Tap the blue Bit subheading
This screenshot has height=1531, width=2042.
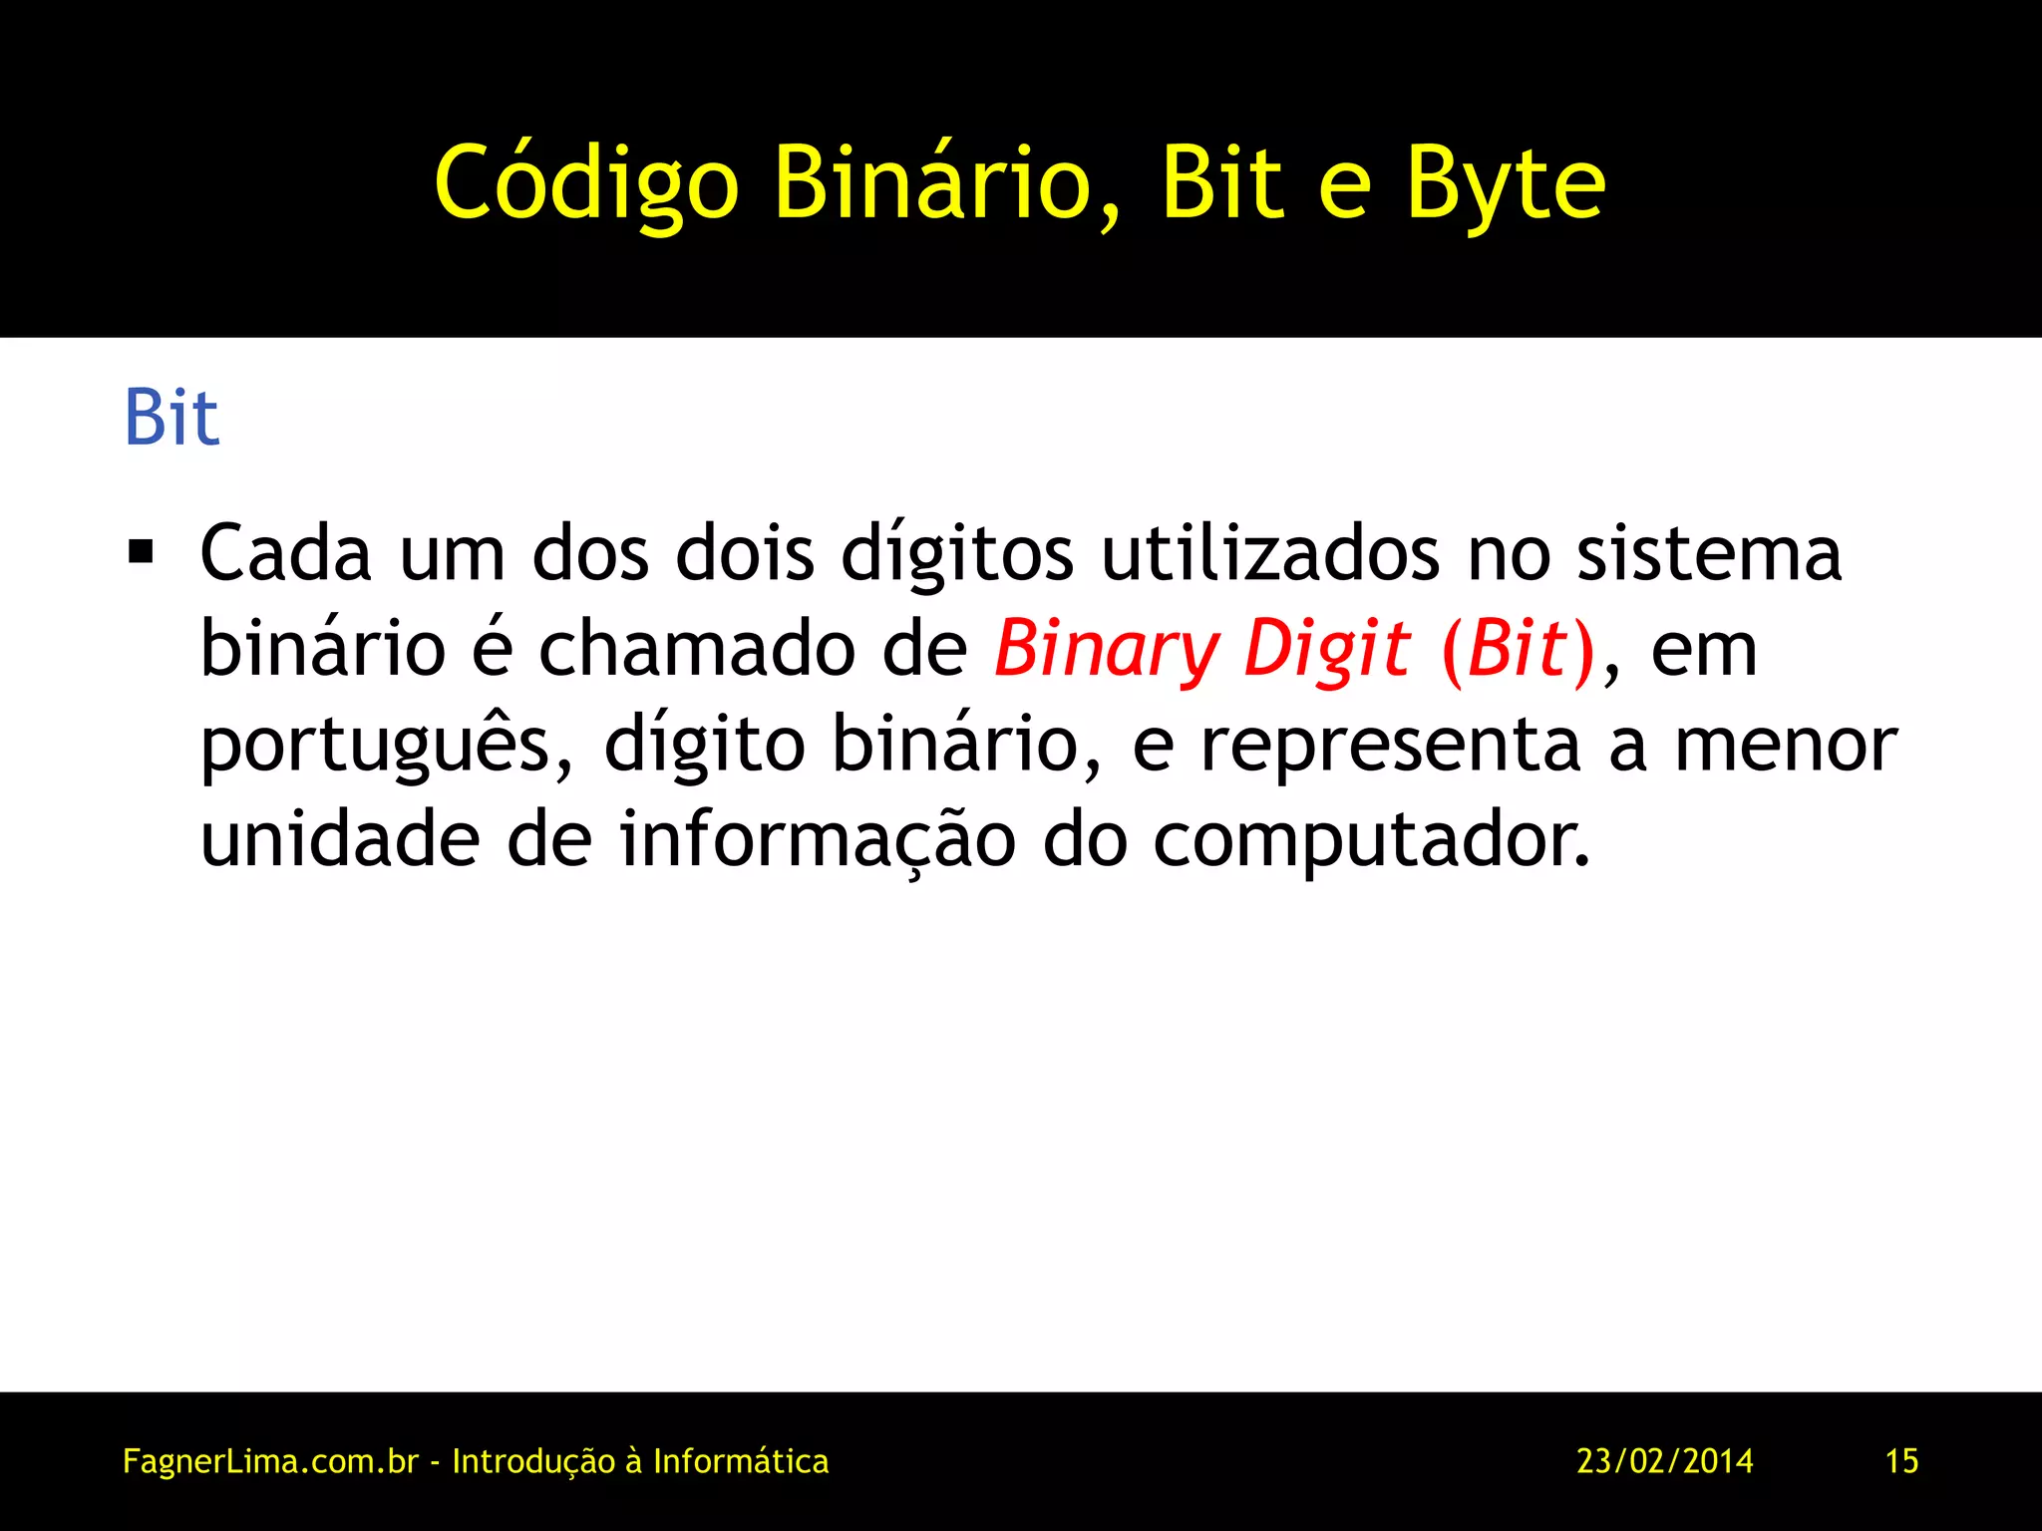point(170,418)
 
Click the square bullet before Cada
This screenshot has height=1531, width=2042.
point(142,551)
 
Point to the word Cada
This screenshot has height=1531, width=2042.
point(285,553)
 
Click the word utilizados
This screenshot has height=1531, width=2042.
point(1270,553)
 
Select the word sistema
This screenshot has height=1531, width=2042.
point(1708,553)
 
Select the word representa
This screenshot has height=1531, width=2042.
point(1390,746)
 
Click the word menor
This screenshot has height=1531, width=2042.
point(1785,746)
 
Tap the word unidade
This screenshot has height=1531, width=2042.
point(340,839)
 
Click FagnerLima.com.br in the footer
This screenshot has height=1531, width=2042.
point(270,1461)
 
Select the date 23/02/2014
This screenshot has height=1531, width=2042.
point(1664,1461)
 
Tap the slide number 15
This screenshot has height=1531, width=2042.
point(1901,1461)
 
